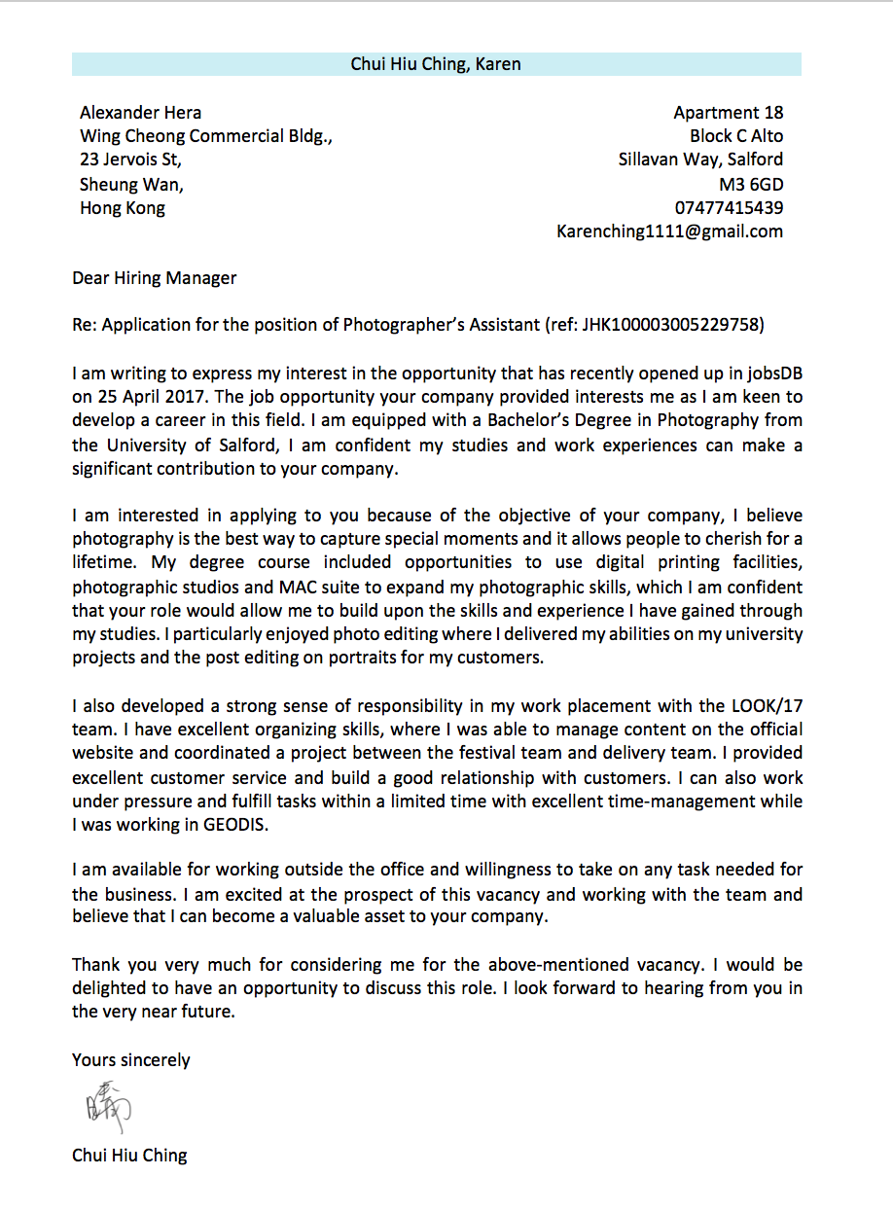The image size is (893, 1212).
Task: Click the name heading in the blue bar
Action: coord(436,64)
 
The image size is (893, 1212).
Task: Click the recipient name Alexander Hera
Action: coord(141,113)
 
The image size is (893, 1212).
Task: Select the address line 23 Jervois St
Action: coord(130,160)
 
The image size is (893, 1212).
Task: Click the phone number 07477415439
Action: coord(729,207)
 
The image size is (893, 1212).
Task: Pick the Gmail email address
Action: coord(669,232)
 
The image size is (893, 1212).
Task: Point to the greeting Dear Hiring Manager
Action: coord(154,278)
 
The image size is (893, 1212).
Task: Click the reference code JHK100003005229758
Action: coord(672,325)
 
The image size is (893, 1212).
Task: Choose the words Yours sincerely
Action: coord(130,1059)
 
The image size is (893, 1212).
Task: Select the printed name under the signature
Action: coord(129,1156)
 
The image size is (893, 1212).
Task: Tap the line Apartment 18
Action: coord(728,113)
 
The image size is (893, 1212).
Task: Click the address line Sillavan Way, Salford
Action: coord(700,160)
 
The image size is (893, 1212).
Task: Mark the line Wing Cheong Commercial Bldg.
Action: coord(206,136)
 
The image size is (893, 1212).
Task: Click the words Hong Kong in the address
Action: coord(123,207)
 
